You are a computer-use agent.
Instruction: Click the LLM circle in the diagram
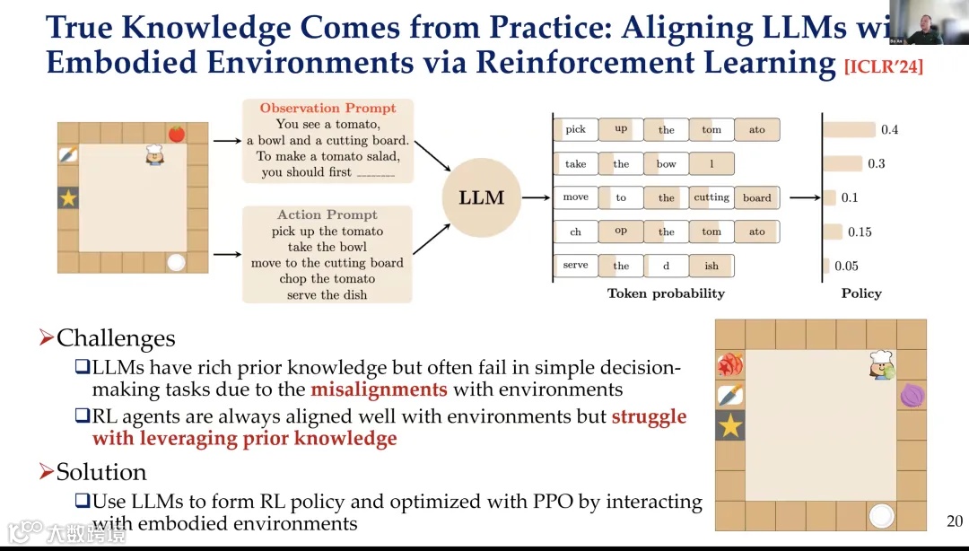[x=482, y=197]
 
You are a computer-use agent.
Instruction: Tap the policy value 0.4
[x=889, y=130]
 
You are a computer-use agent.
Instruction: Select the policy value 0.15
[x=860, y=232]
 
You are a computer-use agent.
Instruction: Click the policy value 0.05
[x=846, y=267]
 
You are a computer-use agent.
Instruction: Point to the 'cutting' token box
[x=711, y=198]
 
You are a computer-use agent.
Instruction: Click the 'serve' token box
[x=575, y=266]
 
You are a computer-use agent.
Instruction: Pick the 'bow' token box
[x=666, y=164]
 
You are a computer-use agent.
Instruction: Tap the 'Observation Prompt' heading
[x=327, y=108]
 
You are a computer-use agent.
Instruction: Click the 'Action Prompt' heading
[x=327, y=215]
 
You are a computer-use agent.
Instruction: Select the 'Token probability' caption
[x=666, y=293]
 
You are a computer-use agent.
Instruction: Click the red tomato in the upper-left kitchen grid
[x=176, y=134]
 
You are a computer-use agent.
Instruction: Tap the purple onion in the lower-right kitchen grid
[x=912, y=395]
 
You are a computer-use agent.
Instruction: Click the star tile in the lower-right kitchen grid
[x=730, y=425]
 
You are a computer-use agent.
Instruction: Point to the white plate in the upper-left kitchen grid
[x=176, y=263]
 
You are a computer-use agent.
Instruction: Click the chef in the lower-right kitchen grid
[x=881, y=364]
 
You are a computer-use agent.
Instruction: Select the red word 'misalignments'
[x=379, y=389]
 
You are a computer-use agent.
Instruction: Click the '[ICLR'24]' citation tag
[x=884, y=66]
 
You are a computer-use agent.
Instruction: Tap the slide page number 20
[x=955, y=521]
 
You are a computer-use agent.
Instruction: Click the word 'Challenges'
[x=116, y=338]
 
